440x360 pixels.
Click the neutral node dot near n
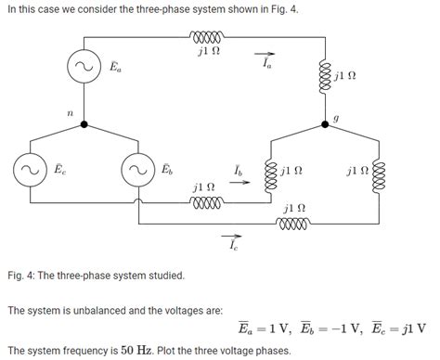pos(84,122)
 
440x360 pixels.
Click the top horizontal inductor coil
pos(208,38)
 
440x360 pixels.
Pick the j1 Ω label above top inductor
pos(209,52)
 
